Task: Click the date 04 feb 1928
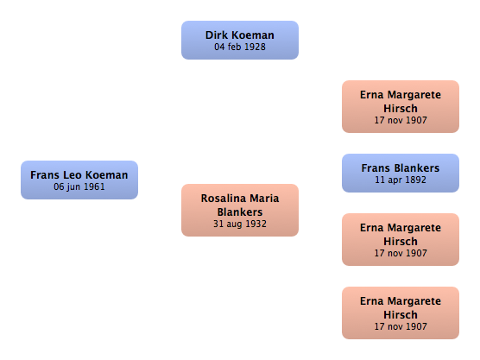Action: coord(240,47)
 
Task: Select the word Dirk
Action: coord(217,35)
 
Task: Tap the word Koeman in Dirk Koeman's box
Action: coord(253,35)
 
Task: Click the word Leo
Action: coord(73,174)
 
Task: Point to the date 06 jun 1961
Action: coord(79,186)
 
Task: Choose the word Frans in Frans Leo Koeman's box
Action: coord(45,174)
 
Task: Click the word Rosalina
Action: coord(224,199)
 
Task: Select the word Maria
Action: coord(264,199)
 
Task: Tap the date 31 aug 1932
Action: coord(240,224)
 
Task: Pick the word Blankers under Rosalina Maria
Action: coord(240,212)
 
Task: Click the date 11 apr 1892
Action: coord(401,180)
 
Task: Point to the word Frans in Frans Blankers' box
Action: coord(376,168)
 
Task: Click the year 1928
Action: coord(255,47)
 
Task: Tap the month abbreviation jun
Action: coord(74,187)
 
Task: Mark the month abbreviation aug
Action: coord(235,224)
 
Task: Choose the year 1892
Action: coord(416,180)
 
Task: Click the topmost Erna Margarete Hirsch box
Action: coord(401,106)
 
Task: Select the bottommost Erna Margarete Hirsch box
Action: coord(401,313)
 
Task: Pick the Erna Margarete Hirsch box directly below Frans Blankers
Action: coord(401,239)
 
